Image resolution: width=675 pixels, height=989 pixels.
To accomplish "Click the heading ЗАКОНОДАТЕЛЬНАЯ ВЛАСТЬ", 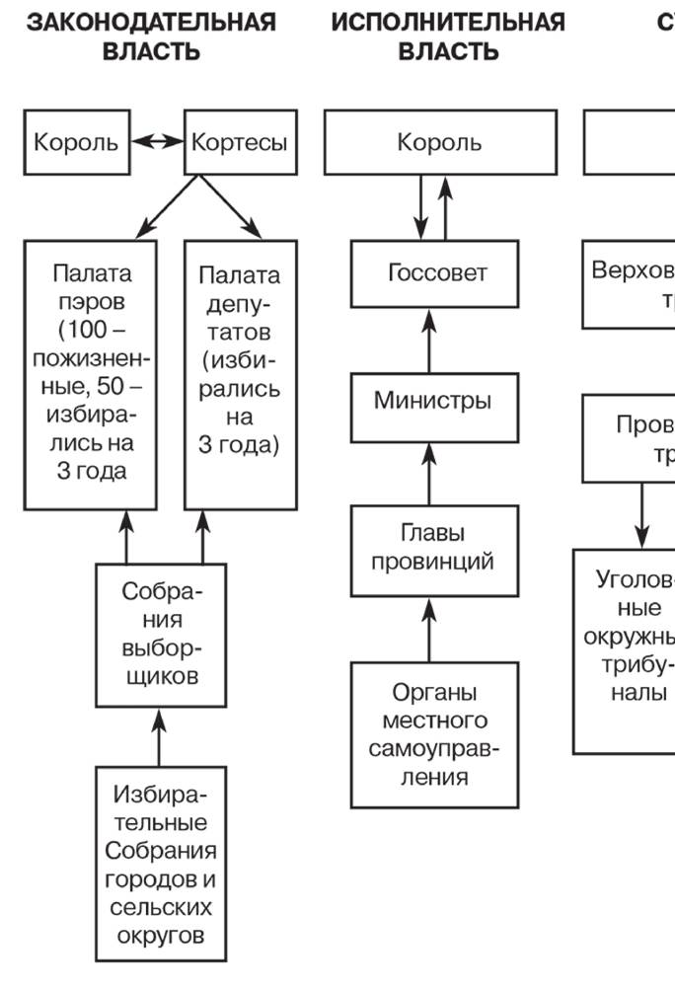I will coord(150,37).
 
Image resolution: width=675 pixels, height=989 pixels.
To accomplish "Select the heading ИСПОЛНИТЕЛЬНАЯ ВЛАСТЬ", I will coord(448,37).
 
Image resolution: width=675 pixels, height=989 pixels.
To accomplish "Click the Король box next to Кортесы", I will coord(76,142).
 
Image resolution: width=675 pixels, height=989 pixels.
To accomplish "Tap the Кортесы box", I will coord(241,142).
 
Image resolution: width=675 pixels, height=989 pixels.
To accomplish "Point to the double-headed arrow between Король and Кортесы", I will coord(159,142).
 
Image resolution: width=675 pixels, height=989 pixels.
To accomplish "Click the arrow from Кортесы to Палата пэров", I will coord(167,207).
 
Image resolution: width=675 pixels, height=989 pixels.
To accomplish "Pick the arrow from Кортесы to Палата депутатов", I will coord(231,207).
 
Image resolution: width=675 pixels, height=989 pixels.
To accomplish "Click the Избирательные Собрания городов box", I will coord(160,865).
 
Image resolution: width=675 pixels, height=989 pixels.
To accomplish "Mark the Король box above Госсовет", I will coord(438,142).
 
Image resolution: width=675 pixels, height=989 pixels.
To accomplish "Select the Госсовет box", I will coord(435,273).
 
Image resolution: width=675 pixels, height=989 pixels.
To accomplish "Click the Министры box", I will coord(433,402).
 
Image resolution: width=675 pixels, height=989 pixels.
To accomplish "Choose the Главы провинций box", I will coord(433,550).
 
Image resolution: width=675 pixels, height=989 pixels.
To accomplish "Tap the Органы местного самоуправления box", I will coord(433,733).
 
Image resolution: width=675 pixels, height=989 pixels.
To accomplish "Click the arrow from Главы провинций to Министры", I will coord(429,474).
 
